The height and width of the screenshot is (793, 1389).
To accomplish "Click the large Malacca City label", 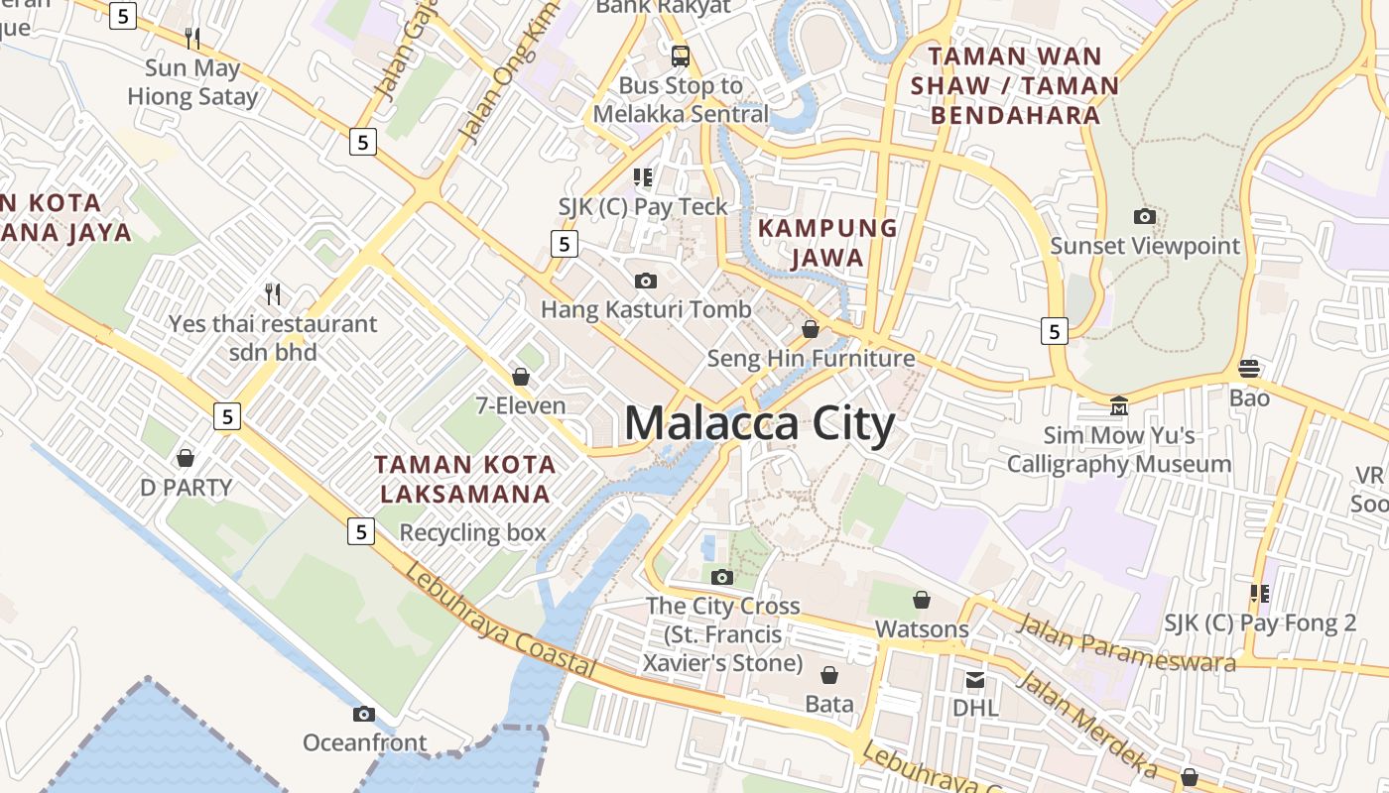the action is [759, 424].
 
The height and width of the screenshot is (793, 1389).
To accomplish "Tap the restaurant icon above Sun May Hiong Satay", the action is [192, 39].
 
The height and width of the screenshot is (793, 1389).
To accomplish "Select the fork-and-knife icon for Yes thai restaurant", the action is [273, 293].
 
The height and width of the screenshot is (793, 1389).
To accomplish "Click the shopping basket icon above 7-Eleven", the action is [520, 377].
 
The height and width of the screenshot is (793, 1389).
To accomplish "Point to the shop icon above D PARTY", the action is [185, 458].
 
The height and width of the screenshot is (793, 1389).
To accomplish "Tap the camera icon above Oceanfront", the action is [364, 714].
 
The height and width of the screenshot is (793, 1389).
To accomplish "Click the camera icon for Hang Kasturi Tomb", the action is [645, 282].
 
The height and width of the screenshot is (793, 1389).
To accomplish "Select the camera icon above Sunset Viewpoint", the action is [1144, 216].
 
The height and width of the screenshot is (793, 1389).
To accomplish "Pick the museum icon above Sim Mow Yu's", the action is [1119, 405].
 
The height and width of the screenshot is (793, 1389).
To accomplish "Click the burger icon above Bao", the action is [1249, 369].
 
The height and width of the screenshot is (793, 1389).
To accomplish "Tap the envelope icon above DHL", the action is [975, 680].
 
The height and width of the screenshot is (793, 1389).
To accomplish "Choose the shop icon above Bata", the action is [828, 675].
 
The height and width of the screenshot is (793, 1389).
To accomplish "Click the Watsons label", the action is [921, 628].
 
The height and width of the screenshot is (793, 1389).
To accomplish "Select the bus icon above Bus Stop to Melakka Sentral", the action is [680, 56].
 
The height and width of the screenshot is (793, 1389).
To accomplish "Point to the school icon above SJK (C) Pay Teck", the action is [643, 177].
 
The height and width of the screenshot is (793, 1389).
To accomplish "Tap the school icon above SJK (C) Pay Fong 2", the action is [1260, 594].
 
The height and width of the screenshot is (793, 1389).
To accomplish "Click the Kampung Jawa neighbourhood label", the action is [826, 242].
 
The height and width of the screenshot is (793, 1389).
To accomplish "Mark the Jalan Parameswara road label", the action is [1126, 641].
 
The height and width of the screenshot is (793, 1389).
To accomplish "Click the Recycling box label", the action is [472, 532].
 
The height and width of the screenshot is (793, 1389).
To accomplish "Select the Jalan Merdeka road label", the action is [1086, 725].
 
